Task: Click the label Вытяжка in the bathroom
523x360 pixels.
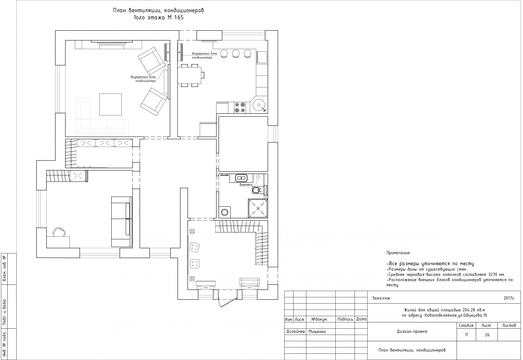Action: click(246, 185)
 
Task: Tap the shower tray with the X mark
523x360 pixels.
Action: click(258, 209)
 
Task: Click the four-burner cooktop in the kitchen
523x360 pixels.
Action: click(240, 107)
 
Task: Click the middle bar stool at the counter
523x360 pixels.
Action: click(236, 54)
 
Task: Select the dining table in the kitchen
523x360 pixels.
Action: click(189, 75)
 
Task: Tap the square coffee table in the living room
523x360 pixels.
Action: click(110, 104)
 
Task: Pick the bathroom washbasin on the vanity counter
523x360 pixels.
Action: click(241, 178)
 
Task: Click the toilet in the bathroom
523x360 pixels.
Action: click(256, 190)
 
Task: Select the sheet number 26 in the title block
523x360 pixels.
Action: click(487, 335)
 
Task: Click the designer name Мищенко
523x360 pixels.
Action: click(317, 332)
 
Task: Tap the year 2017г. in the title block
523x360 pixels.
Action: click(509, 298)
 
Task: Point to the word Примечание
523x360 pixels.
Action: click(398, 253)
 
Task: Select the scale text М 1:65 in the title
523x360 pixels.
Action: click(175, 18)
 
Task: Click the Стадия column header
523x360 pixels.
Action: click(466, 325)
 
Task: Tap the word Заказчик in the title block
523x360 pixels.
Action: click(381, 298)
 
